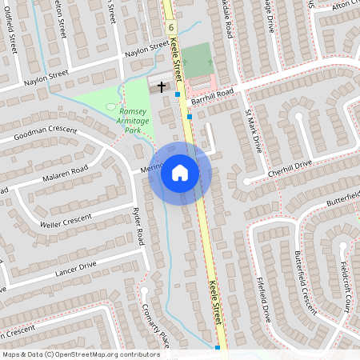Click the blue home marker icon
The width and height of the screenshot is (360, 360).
(x=180, y=172)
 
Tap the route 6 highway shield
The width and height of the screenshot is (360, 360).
(x=171, y=26)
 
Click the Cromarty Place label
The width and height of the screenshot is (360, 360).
(x=154, y=320)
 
